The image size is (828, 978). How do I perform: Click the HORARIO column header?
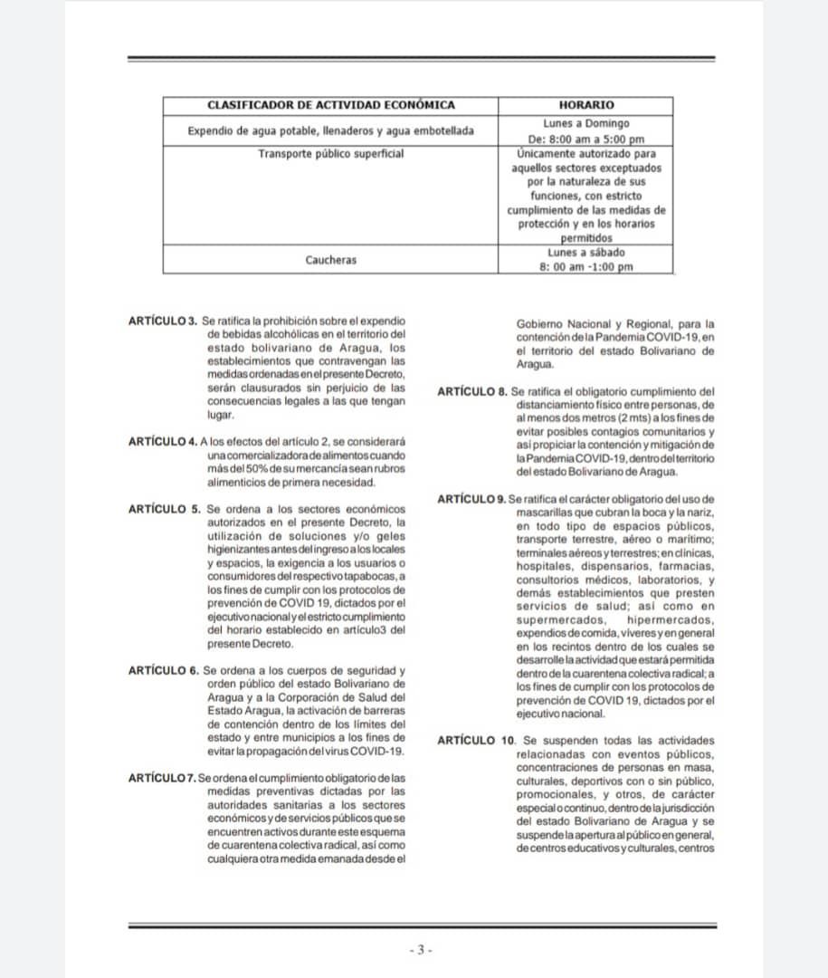(585, 105)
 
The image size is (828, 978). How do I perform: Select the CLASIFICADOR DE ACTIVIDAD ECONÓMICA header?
(330, 105)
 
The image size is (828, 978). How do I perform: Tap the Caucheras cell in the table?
(330, 260)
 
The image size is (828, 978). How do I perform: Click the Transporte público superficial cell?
(330, 153)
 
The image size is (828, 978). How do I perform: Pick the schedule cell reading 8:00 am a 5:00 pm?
(585, 139)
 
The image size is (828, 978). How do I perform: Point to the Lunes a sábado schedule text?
(585, 253)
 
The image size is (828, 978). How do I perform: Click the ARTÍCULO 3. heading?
(163, 321)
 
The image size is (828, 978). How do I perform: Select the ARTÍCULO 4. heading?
(163, 441)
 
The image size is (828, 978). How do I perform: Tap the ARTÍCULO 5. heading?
(165, 509)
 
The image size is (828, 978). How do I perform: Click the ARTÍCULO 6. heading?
(165, 670)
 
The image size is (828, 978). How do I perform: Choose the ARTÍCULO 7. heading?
(163, 777)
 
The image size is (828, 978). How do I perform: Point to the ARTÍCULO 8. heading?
(471, 391)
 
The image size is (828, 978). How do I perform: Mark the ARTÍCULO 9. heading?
(471, 499)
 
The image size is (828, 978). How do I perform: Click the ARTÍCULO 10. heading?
(474, 740)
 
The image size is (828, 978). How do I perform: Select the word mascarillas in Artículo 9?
(548, 512)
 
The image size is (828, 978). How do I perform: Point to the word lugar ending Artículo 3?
(221, 414)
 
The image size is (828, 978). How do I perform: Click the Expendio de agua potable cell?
(330, 130)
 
